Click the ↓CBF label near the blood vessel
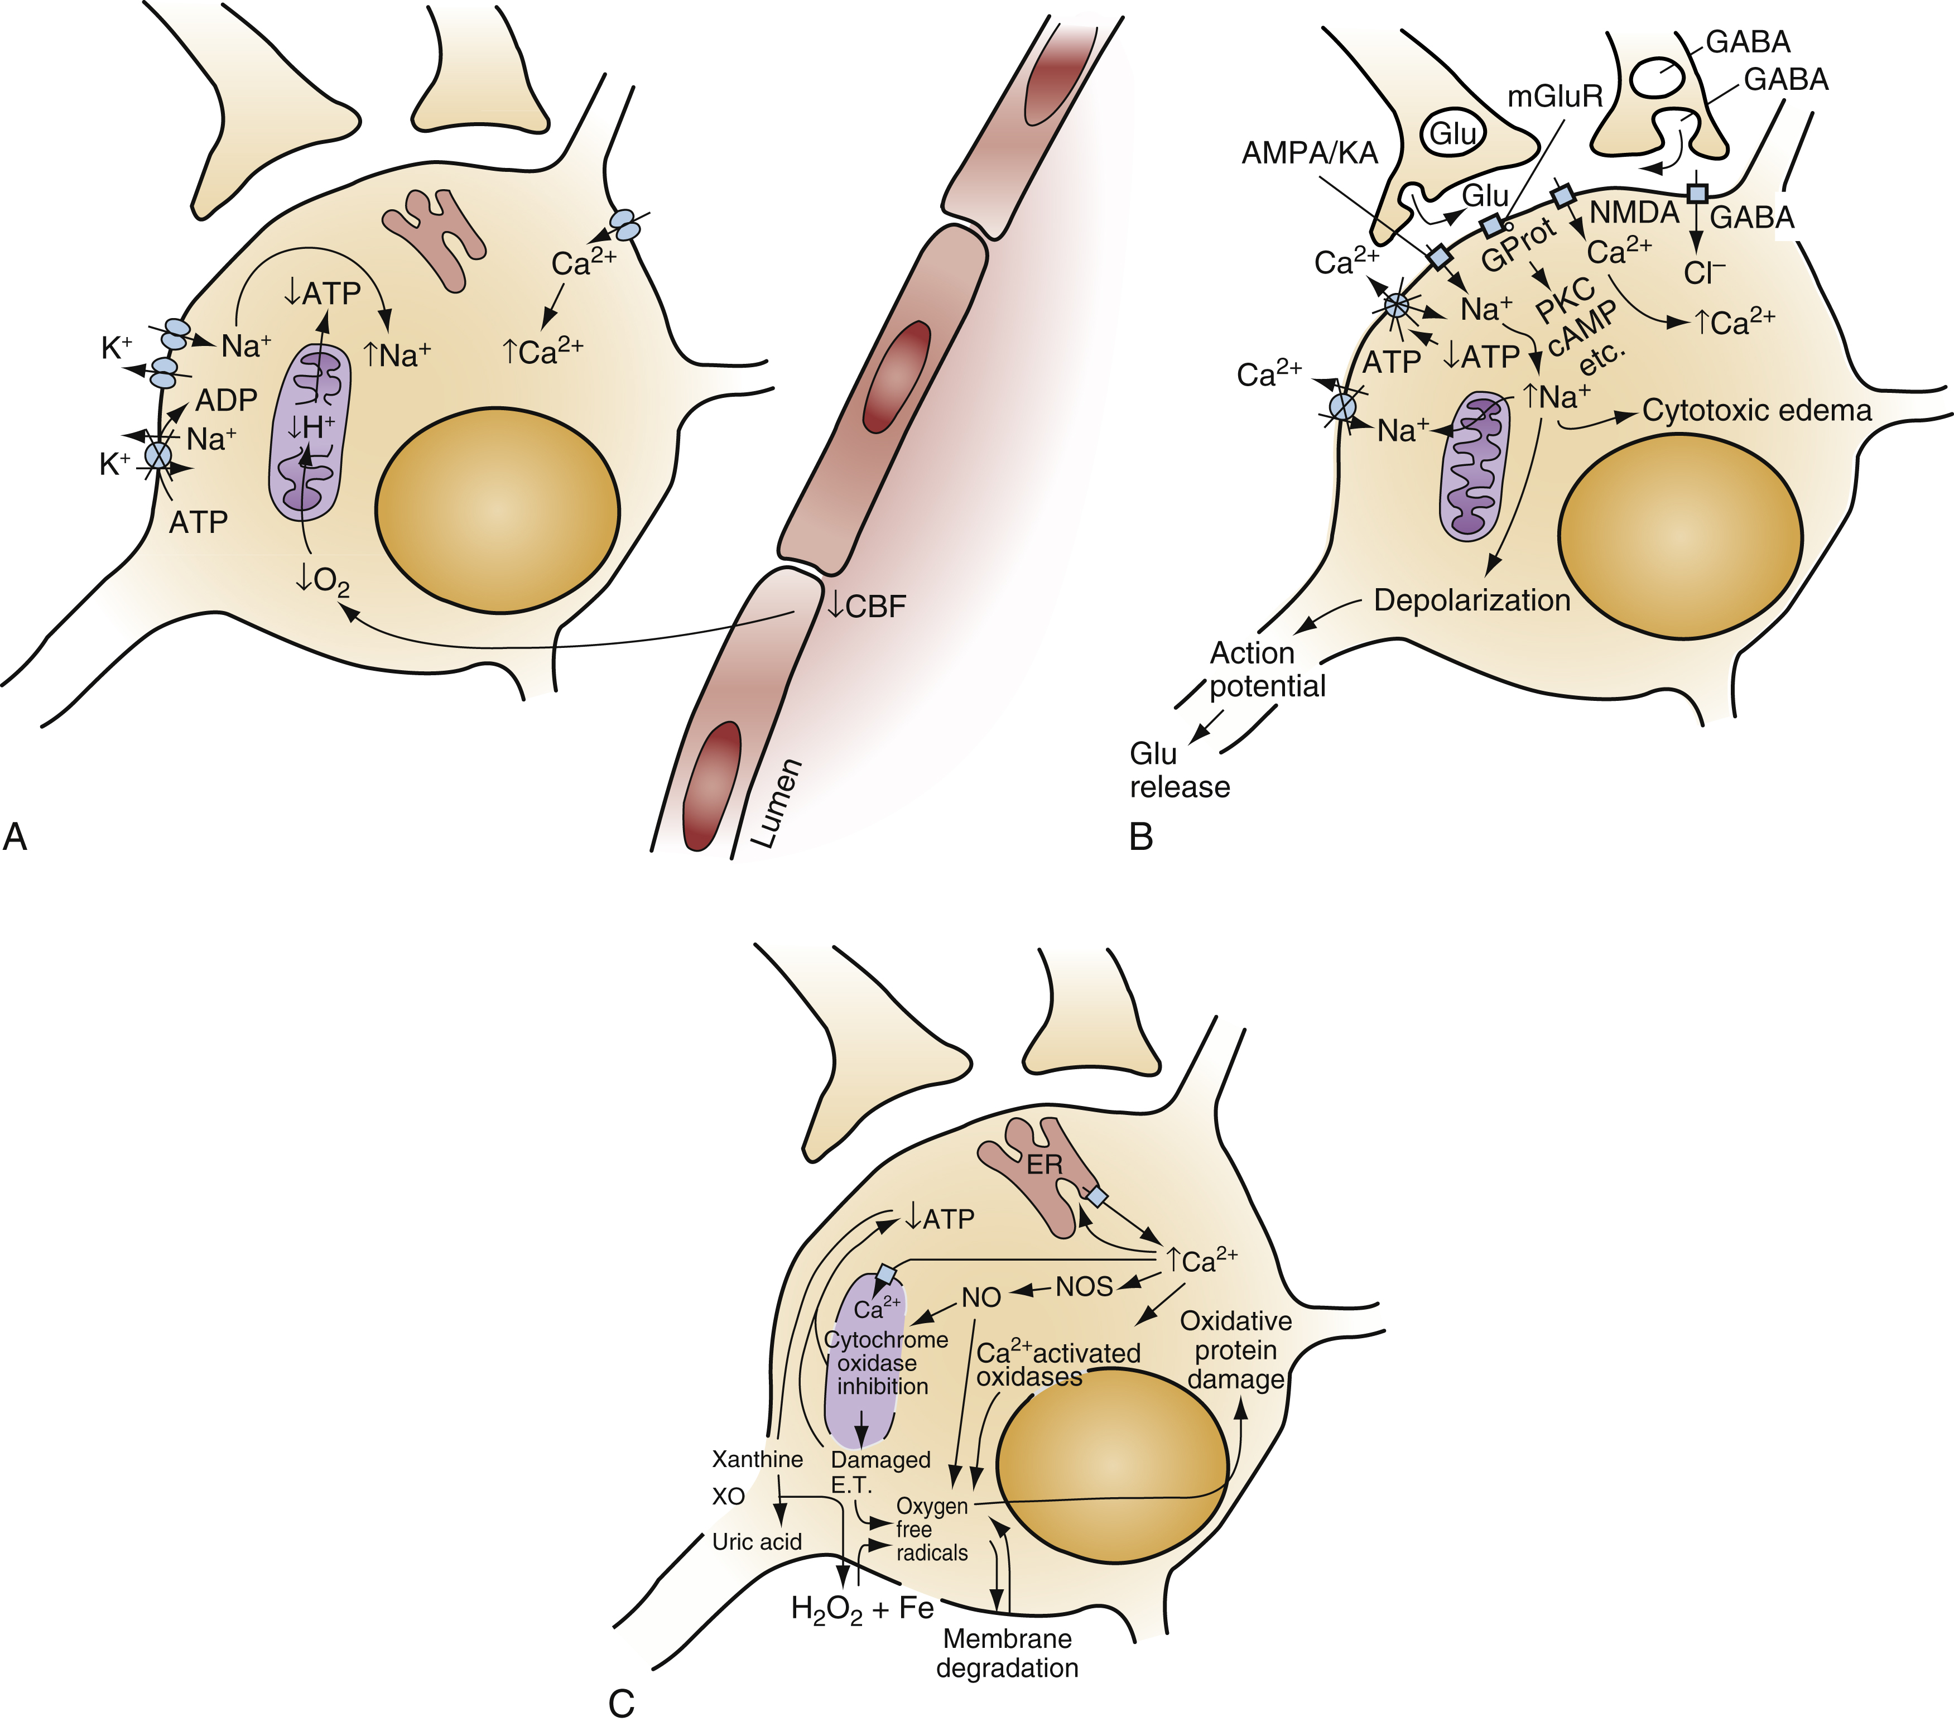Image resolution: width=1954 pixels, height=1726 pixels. (866, 606)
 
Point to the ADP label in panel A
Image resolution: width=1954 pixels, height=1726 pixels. (227, 400)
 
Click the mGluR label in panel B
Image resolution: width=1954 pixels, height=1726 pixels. (1554, 97)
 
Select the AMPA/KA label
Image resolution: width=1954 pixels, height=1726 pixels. (1310, 153)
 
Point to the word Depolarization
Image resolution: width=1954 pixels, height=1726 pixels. (1472, 600)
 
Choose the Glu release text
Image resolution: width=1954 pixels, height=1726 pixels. (1179, 771)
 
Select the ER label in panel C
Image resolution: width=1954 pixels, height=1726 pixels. (1044, 1165)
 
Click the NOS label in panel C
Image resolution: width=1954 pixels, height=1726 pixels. (1084, 1287)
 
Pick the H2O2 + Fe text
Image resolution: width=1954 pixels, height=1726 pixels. (862, 1609)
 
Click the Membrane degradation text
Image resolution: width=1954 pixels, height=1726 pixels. (1008, 1653)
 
